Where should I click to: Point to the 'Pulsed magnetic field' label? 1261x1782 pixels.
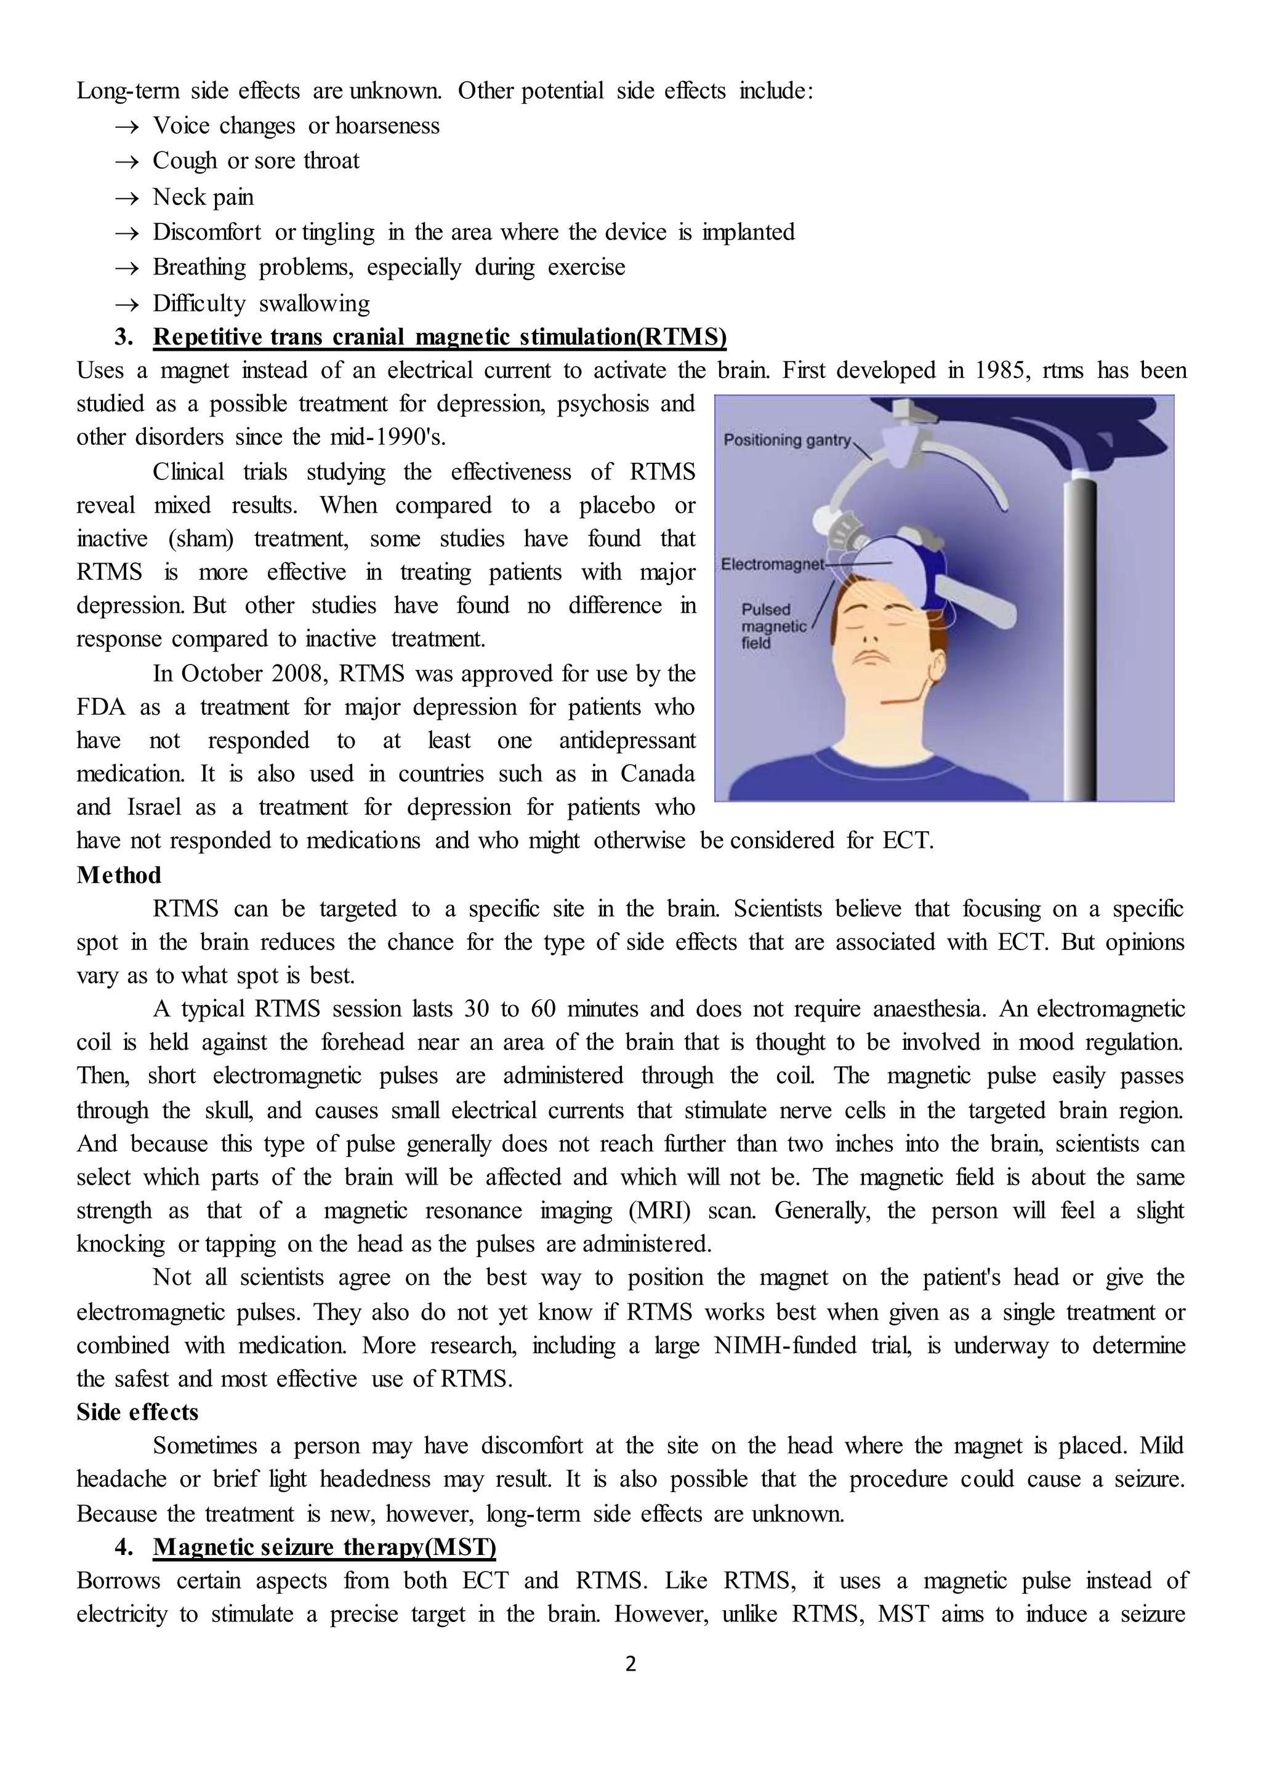click(x=773, y=626)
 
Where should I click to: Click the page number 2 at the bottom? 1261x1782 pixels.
click(x=630, y=1663)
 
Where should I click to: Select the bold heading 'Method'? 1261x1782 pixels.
click(x=119, y=875)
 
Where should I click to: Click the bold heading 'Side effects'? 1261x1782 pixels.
click(x=137, y=1412)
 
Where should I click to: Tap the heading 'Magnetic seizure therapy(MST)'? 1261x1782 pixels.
click(x=324, y=1547)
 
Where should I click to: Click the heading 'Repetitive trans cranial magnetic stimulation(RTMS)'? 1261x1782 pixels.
click(x=440, y=337)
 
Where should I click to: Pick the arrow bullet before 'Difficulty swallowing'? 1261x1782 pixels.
click(x=127, y=304)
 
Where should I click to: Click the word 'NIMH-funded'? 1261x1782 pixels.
click(x=784, y=1345)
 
